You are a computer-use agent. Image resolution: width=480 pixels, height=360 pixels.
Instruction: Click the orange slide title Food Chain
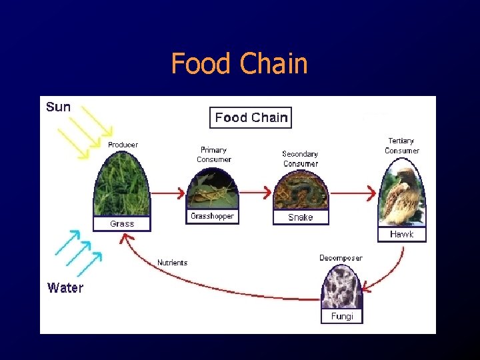coord(239,64)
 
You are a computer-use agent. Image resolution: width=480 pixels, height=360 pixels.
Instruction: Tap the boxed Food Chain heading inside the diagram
coord(251,118)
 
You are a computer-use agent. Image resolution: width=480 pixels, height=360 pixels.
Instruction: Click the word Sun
coord(59,107)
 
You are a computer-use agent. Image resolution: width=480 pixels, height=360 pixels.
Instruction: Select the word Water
coord(65,288)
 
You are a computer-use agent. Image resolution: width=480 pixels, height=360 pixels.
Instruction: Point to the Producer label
coord(123,145)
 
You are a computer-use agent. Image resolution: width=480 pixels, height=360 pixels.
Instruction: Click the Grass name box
coord(122,224)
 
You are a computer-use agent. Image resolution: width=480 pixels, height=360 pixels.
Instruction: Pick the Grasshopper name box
coord(212,216)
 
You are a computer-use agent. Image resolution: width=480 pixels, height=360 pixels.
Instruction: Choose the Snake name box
coord(300,217)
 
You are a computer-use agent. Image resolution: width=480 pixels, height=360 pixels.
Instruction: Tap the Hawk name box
coord(401,234)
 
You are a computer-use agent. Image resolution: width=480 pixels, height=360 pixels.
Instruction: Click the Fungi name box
coord(342,316)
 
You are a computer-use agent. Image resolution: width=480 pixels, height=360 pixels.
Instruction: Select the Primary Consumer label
coord(214,155)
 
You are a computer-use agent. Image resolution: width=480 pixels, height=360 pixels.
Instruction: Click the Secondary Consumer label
coord(300,159)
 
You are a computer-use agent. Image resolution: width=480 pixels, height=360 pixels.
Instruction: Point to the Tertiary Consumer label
coord(401,145)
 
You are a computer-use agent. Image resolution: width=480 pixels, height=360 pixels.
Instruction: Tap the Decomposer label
coord(341,258)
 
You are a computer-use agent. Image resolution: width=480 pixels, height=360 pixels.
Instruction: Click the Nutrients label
coord(172,263)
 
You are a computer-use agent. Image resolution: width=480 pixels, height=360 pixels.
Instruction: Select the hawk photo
coord(402,194)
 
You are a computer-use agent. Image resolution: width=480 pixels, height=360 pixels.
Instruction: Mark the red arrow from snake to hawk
coord(354,193)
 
